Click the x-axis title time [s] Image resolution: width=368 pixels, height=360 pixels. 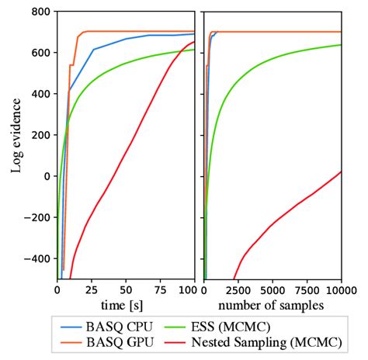126,304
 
